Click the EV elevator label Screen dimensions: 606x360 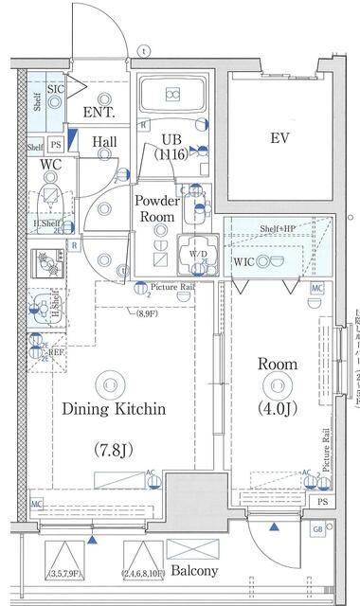[x=279, y=138]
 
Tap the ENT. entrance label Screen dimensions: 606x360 [x=99, y=113]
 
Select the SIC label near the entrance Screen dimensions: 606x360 [x=55, y=90]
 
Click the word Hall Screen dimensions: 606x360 [x=104, y=143]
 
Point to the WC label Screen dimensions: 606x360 [x=50, y=165]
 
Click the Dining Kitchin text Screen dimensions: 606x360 [x=114, y=409]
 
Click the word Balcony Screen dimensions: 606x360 [x=193, y=571]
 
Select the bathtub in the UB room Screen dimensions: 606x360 [x=173, y=95]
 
